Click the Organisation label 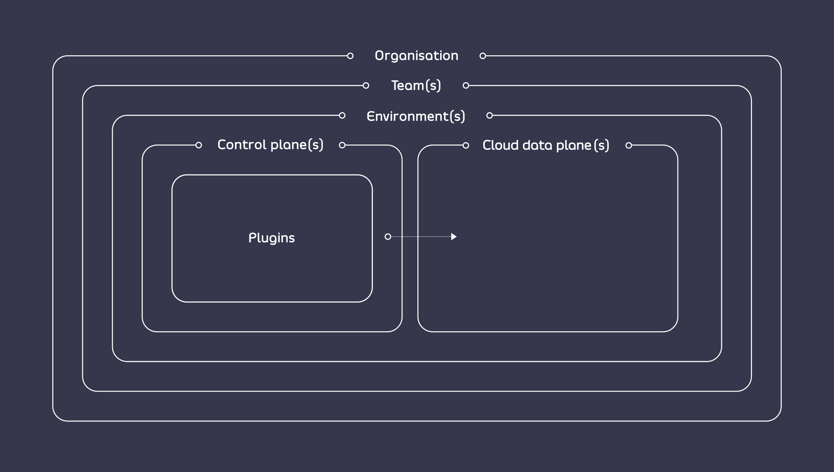click(x=416, y=56)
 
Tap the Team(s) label click(x=416, y=85)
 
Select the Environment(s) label click(x=416, y=116)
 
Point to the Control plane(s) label click(x=270, y=145)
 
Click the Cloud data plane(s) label click(x=545, y=145)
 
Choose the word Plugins click(x=271, y=238)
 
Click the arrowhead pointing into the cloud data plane click(x=454, y=237)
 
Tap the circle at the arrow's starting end click(x=388, y=237)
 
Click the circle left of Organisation click(x=350, y=56)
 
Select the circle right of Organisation click(x=482, y=56)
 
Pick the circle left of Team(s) click(x=366, y=85)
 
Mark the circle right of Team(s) click(x=466, y=85)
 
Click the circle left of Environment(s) click(x=342, y=115)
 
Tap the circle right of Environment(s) click(x=490, y=115)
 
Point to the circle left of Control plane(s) click(x=198, y=145)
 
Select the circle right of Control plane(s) click(x=342, y=145)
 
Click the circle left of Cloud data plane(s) click(x=466, y=145)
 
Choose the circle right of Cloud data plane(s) click(x=628, y=145)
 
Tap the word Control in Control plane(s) click(x=242, y=145)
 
